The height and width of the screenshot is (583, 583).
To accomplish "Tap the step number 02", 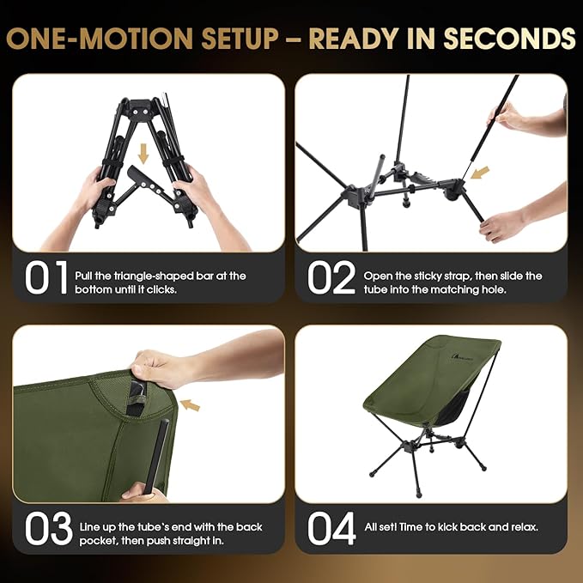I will pyautogui.click(x=330, y=278).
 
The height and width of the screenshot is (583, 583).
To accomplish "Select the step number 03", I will pyautogui.click(x=47, y=529).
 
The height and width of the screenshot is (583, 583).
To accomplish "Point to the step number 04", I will pyautogui.click(x=331, y=529).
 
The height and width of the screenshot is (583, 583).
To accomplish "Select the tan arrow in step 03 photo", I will pyautogui.click(x=191, y=403).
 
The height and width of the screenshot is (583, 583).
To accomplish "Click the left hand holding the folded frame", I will pyautogui.click(x=94, y=193).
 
